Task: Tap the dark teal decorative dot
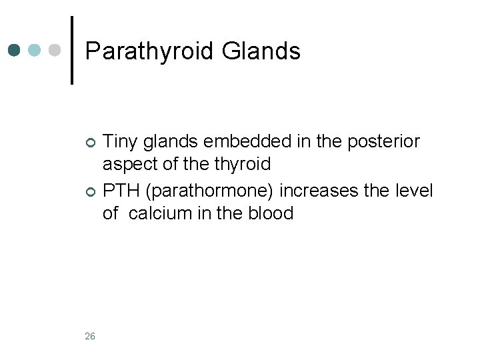(x=15, y=51)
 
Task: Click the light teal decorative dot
(x=36, y=51)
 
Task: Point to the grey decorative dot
(x=56, y=51)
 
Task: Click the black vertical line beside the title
(x=72, y=51)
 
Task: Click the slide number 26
(x=90, y=336)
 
